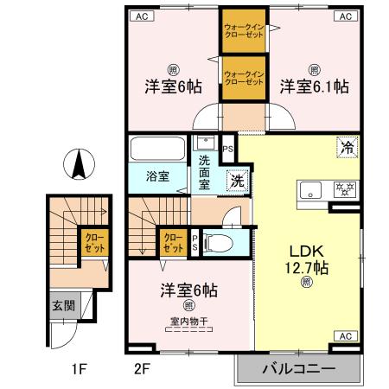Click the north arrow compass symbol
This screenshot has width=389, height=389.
point(79,164)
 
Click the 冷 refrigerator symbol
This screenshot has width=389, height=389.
point(346,147)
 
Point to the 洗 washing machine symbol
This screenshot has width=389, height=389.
point(235,182)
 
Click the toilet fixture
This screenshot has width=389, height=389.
point(220,242)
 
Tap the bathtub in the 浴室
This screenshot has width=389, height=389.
point(156,149)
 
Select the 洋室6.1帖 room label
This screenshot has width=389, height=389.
point(314,86)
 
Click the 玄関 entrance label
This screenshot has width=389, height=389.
point(61,305)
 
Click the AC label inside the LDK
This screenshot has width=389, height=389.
point(345,335)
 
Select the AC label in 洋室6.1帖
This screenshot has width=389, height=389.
point(345,16)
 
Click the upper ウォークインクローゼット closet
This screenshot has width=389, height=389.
point(244,31)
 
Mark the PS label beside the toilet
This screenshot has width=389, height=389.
point(195,242)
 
